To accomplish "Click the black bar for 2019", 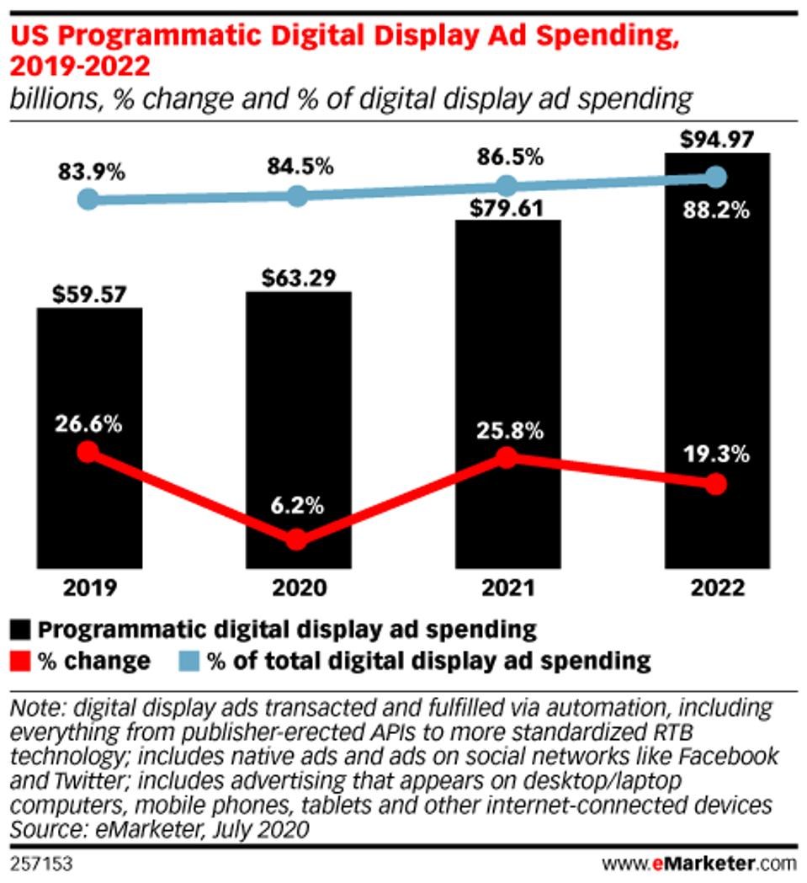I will click(89, 438).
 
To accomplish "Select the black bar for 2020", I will click(298, 429).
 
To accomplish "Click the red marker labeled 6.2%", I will click(296, 540).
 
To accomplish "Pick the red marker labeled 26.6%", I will click(88, 452).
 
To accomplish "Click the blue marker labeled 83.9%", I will click(88, 199).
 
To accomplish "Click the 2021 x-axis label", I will click(507, 588).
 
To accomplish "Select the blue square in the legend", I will click(193, 660).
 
